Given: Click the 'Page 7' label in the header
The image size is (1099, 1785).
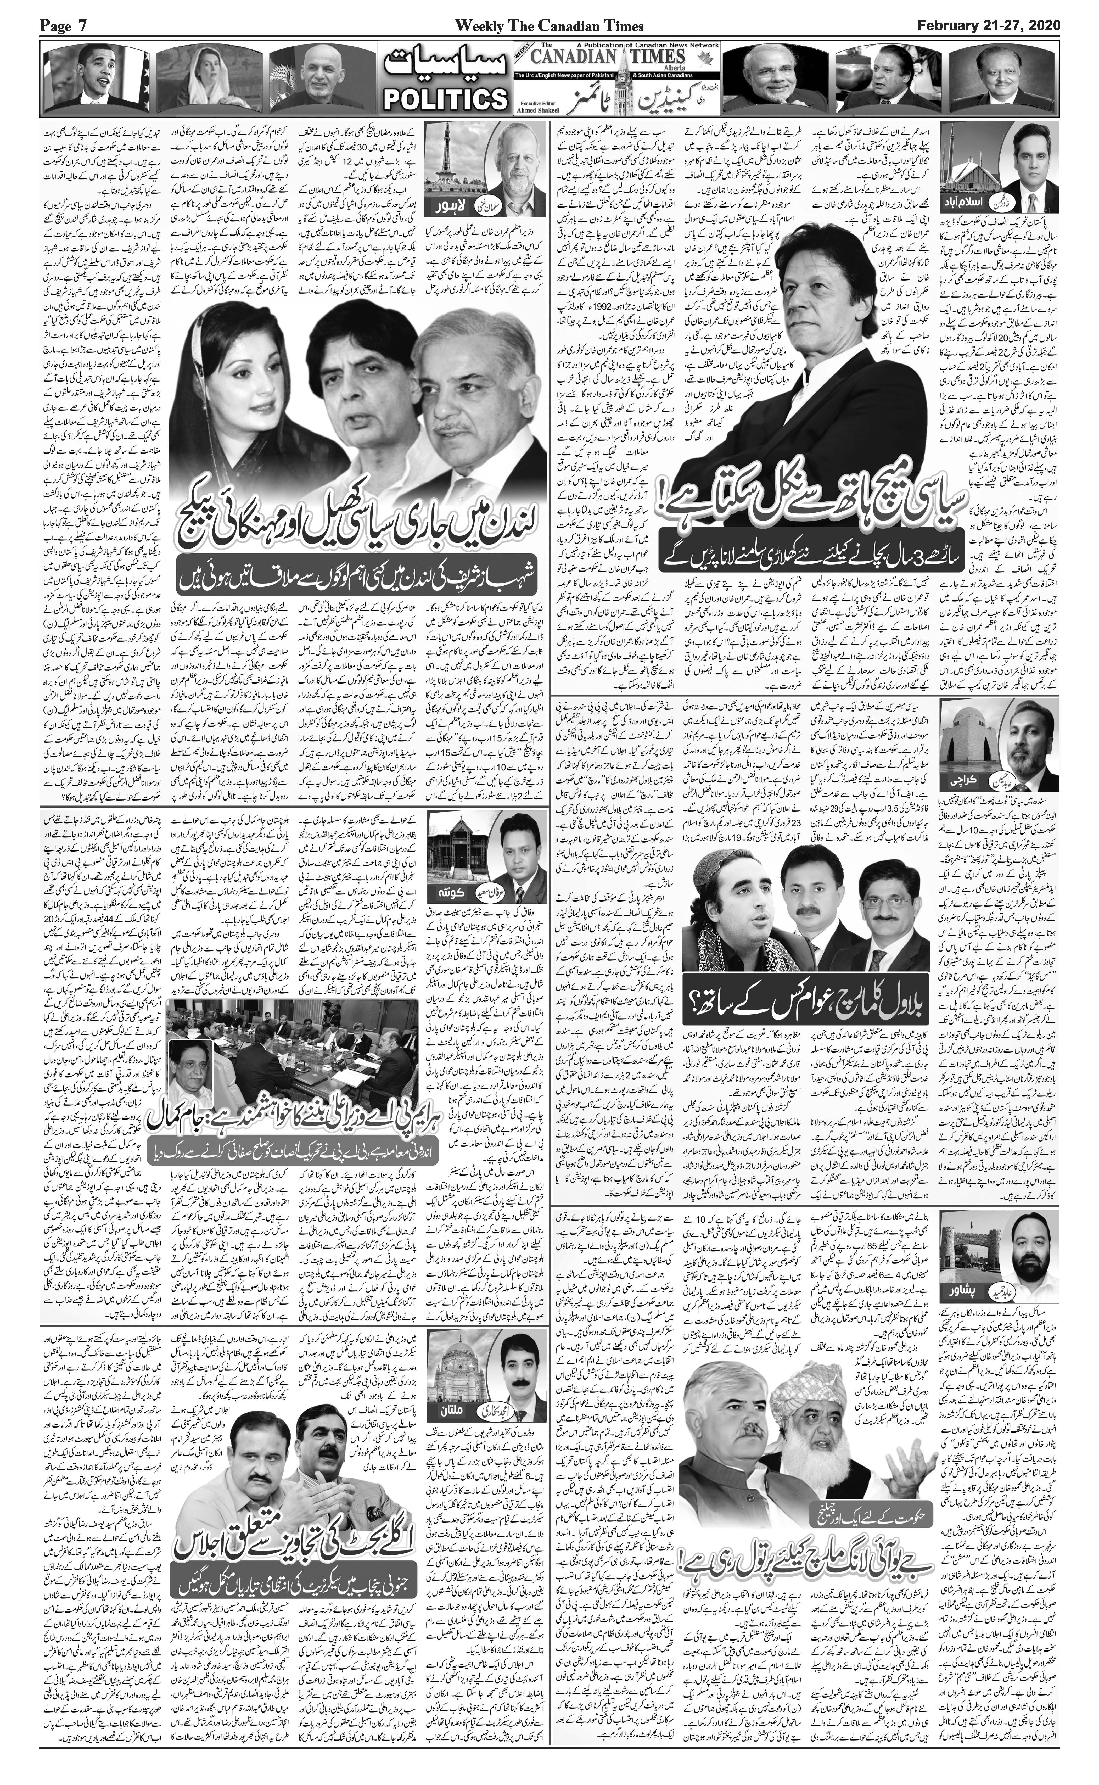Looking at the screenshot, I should (x=64, y=26).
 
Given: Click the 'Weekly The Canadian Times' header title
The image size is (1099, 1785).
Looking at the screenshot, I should (x=549, y=26).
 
